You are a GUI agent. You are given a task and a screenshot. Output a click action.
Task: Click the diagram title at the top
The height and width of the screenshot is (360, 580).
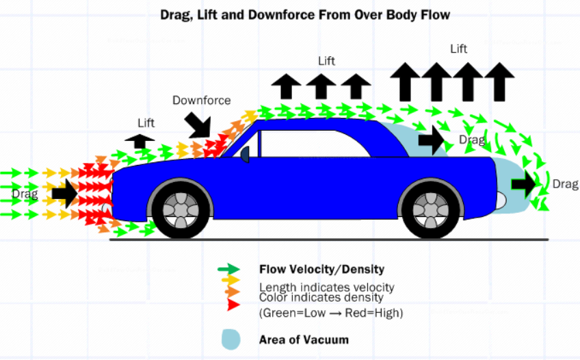[305, 15]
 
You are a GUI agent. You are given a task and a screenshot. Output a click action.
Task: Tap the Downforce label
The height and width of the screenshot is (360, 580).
[202, 101]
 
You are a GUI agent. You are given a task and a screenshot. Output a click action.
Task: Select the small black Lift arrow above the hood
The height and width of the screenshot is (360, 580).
[140, 141]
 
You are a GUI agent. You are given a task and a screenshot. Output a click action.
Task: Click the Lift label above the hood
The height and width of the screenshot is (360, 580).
[146, 123]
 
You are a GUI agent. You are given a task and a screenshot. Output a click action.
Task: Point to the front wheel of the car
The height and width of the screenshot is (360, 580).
[181, 210]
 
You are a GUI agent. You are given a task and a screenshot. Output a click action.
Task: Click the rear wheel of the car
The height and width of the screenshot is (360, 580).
[431, 210]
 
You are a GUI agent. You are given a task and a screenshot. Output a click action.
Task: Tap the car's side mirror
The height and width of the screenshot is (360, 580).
[245, 154]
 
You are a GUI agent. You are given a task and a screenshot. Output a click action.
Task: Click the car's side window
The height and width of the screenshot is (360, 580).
[315, 144]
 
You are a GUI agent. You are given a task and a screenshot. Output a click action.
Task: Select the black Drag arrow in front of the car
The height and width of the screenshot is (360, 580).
[65, 193]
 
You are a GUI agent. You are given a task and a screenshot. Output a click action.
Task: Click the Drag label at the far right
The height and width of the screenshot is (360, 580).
[566, 184]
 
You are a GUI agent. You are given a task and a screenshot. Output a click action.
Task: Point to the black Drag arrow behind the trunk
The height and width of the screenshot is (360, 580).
[524, 184]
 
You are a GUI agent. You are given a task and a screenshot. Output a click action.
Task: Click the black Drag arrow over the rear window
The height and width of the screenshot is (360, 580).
[432, 140]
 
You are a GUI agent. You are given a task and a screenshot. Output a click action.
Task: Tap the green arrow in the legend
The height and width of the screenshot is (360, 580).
[228, 269]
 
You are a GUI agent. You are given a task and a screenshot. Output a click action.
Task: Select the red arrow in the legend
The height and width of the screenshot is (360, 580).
[233, 305]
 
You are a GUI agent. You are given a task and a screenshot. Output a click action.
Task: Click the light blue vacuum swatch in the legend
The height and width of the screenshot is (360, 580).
[230, 339]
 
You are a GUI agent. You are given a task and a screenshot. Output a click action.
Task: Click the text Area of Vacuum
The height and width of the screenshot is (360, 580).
[304, 339]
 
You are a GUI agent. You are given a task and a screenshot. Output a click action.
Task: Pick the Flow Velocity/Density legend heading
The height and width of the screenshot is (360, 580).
[322, 270]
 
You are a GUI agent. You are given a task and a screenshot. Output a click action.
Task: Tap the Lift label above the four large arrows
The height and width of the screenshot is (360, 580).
[459, 49]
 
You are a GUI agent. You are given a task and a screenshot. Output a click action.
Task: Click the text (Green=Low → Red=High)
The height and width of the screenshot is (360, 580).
[331, 313]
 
